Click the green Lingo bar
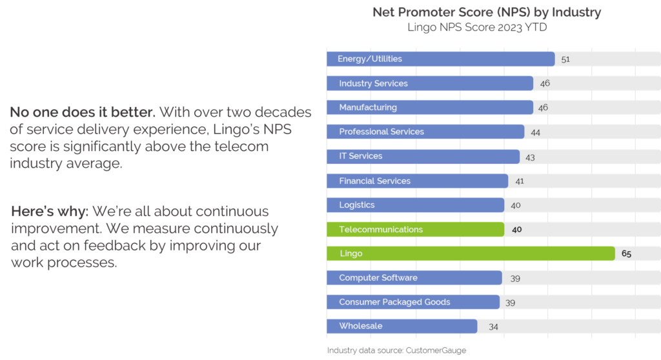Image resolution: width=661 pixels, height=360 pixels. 471,254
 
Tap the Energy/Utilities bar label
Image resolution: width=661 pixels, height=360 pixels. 370,59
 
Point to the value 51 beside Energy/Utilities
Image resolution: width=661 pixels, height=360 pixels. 565,59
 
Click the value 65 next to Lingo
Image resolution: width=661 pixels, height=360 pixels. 626,254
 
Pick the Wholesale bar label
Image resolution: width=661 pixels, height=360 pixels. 361,326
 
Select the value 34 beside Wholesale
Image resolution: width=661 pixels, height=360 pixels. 493,326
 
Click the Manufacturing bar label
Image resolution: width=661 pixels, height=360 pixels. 368,107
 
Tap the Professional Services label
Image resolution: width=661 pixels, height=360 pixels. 381,132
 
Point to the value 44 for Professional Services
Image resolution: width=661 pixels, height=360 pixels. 535,132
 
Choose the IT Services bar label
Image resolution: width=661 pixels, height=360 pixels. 361,156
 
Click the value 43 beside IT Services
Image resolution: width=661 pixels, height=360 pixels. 530,157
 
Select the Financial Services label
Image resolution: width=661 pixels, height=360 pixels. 375,181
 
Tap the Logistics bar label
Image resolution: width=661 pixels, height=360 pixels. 357,205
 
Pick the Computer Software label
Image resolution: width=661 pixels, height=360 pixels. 378,277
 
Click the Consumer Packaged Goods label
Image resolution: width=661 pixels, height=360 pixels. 394,302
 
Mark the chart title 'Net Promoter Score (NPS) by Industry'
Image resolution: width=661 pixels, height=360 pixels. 487,12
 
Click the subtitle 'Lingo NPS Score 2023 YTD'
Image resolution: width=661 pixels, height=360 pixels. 477,28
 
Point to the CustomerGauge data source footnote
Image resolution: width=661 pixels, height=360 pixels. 396,350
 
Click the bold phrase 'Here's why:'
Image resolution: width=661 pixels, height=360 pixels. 49,212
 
